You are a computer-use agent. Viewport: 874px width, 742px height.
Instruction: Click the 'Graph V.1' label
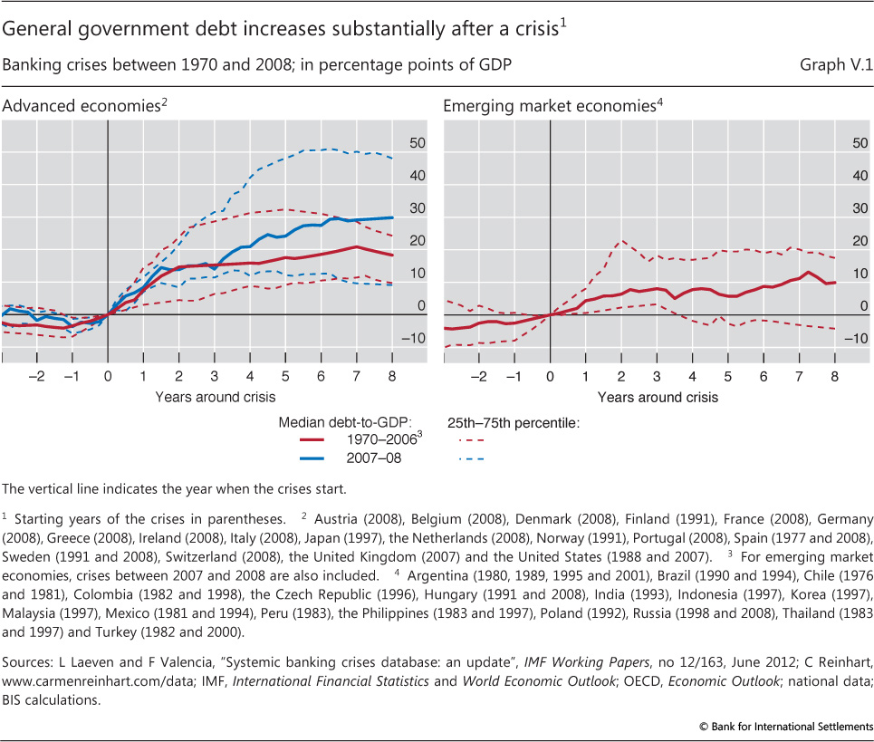click(x=835, y=66)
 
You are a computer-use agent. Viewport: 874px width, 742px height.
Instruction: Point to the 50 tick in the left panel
click(x=417, y=143)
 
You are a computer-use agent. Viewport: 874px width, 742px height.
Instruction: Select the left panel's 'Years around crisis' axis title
click(x=215, y=397)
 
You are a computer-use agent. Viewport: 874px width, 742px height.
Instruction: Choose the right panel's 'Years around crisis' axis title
click(x=658, y=397)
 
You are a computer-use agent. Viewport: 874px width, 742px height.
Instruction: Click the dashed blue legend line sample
click(x=474, y=459)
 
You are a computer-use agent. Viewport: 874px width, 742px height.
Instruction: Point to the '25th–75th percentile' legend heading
click(x=514, y=422)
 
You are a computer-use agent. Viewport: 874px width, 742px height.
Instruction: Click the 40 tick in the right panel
click(x=857, y=176)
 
